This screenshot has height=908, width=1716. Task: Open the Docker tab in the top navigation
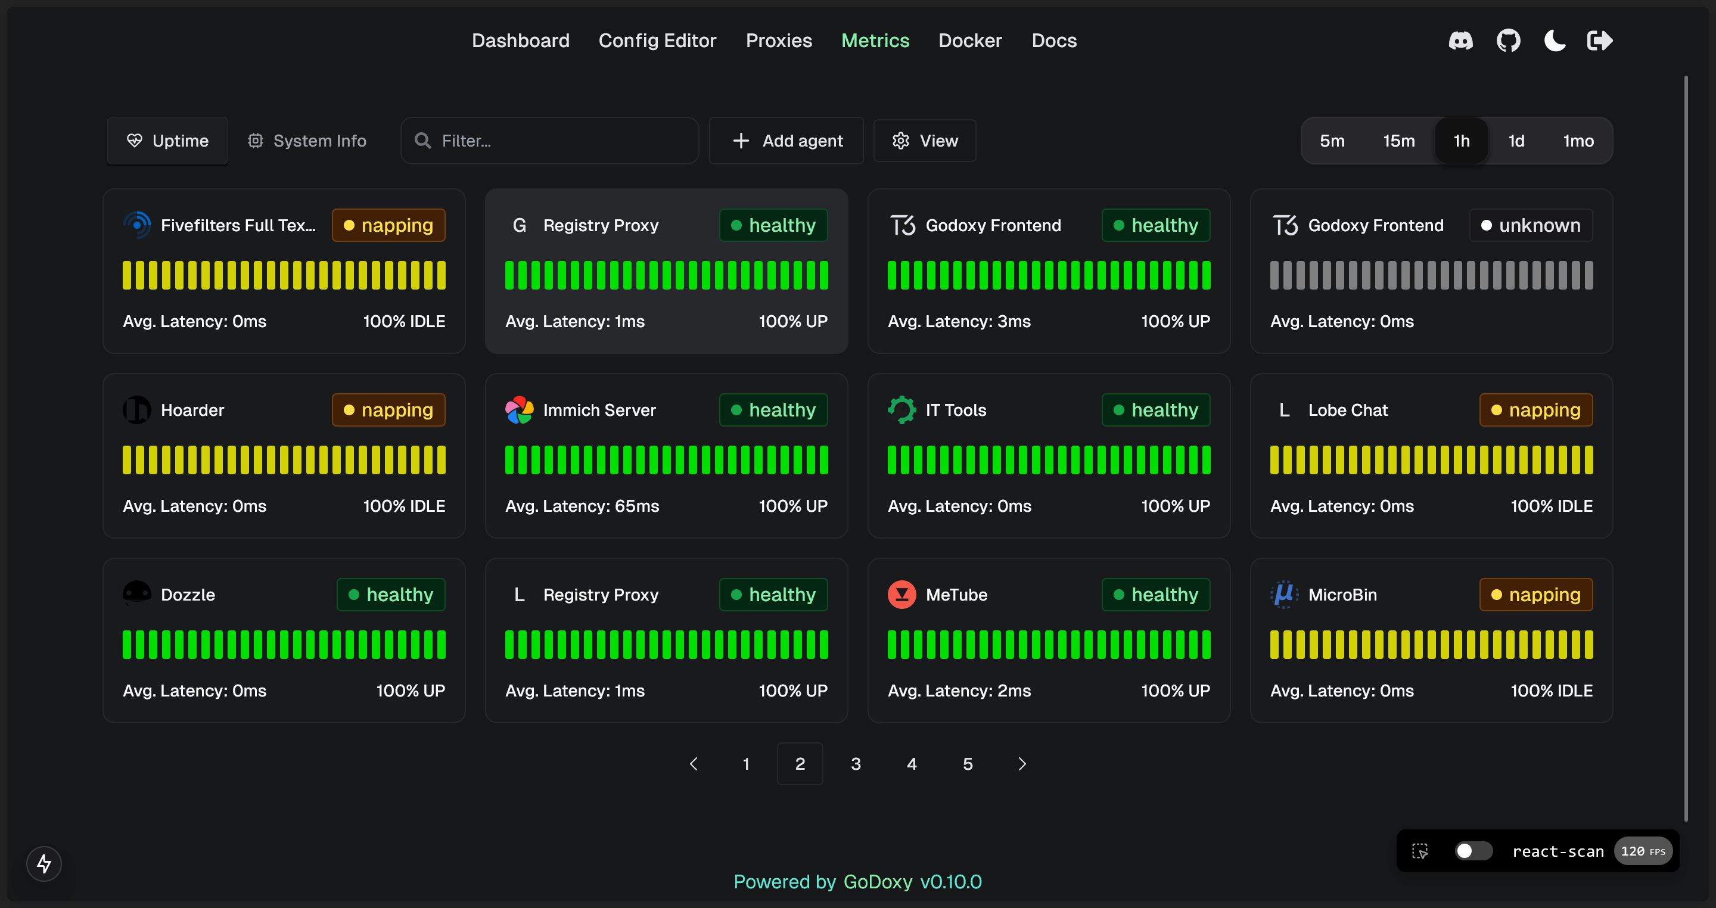click(x=969, y=41)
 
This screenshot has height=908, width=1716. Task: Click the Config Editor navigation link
click(x=657, y=41)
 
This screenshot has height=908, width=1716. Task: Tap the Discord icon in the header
click(x=1460, y=41)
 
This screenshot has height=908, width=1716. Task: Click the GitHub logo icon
click(x=1508, y=41)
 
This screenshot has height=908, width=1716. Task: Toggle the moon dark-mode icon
click(x=1555, y=41)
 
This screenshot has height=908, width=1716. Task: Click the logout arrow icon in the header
click(x=1600, y=41)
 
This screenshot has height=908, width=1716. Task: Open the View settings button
click(x=925, y=141)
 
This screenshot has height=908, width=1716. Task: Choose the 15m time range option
click(x=1398, y=141)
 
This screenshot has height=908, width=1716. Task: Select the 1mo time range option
click(x=1578, y=141)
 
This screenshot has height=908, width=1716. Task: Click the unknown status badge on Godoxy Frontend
click(x=1530, y=225)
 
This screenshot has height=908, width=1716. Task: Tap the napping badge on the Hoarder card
click(x=388, y=410)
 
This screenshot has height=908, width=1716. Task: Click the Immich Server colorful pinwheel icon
click(x=519, y=410)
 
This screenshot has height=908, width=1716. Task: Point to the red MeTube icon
click(x=901, y=594)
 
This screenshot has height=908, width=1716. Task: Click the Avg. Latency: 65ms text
click(x=582, y=506)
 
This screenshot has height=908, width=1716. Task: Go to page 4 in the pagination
click(x=911, y=763)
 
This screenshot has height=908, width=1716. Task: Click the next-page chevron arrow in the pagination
click(x=1022, y=763)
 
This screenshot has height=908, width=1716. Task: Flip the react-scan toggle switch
click(x=1472, y=851)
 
